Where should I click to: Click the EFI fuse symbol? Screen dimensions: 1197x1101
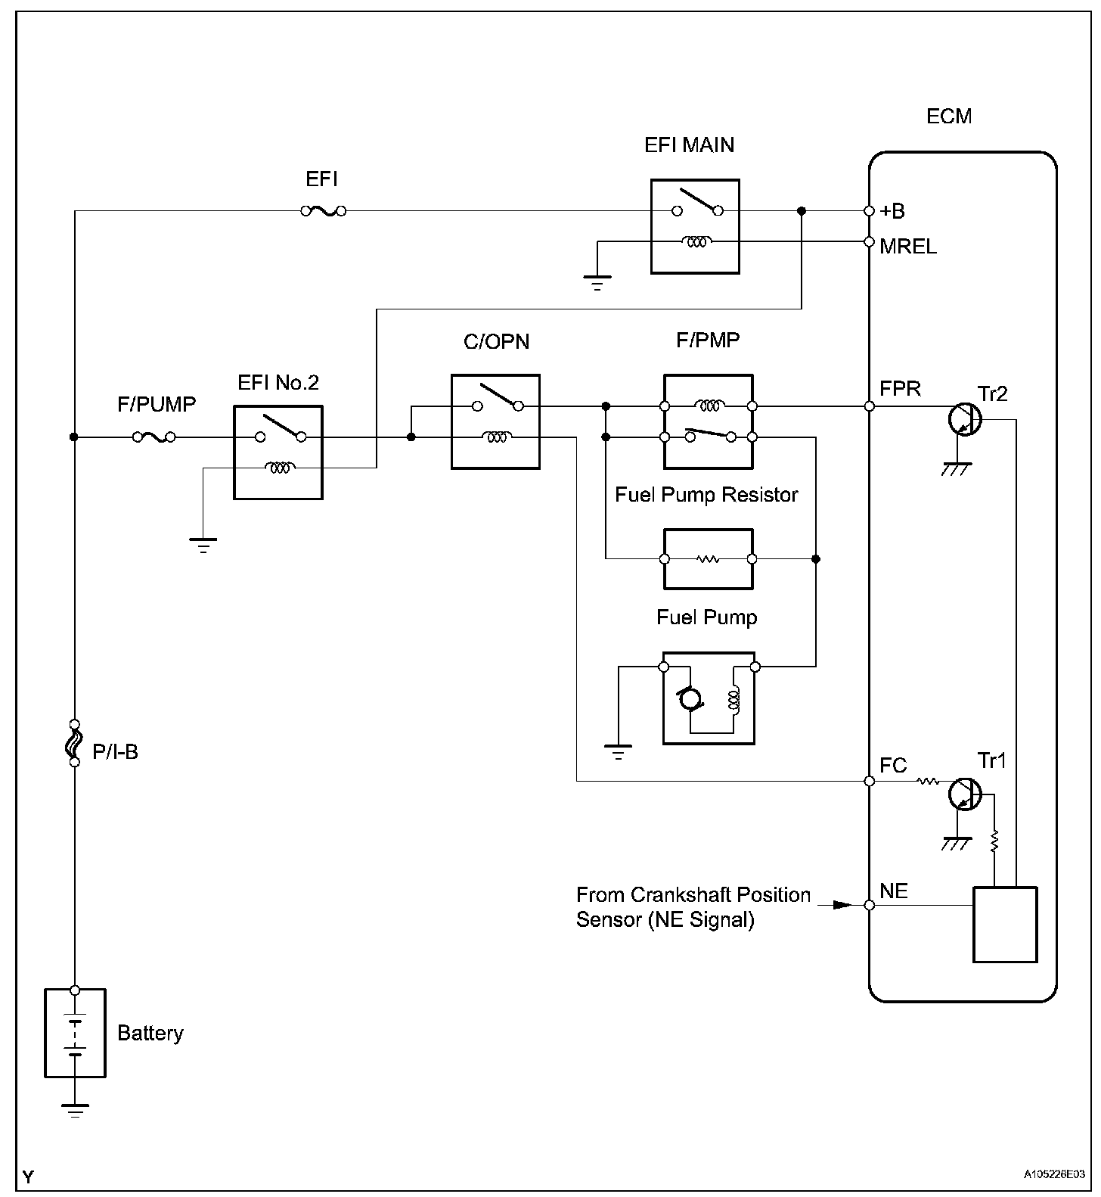(324, 211)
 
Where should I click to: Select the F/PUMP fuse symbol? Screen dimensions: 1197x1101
(154, 437)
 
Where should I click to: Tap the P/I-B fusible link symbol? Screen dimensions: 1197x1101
(74, 743)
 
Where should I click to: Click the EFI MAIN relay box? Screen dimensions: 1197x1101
(695, 226)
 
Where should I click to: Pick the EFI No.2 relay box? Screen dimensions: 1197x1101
(278, 452)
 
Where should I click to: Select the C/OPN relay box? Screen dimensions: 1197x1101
(495, 421)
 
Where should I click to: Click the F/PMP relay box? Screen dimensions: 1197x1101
(708, 421)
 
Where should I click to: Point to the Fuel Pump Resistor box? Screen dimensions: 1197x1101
(708, 559)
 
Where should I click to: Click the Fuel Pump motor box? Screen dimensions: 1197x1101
(709, 698)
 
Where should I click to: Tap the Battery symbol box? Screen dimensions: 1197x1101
(74, 1033)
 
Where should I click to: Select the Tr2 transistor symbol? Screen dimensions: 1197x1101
(964, 417)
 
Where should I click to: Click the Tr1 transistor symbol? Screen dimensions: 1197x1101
(964, 793)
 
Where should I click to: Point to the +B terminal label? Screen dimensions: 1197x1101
(893, 211)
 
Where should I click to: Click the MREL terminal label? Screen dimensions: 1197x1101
(908, 246)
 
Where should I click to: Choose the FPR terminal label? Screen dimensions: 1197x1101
(900, 389)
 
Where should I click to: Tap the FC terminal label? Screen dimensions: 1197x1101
(893, 766)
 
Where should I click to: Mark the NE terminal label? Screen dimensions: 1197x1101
(894, 891)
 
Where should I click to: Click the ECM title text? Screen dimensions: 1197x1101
(949, 117)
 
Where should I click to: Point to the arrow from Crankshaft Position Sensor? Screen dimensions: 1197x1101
(841, 905)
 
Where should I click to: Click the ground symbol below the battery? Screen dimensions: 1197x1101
(74, 1110)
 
